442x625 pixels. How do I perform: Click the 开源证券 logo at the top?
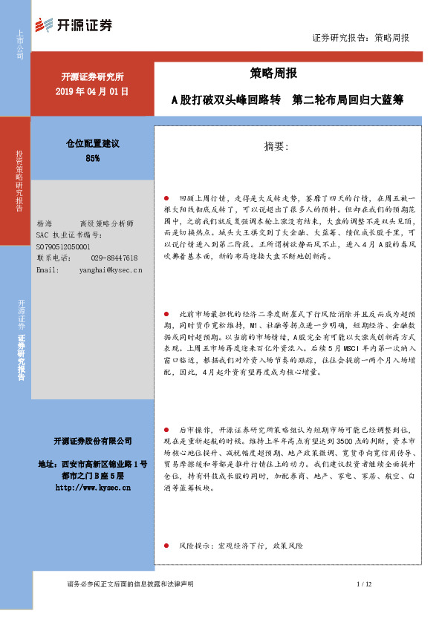pos(74,24)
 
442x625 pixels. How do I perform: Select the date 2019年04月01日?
pos(93,91)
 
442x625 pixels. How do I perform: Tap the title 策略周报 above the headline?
pos(273,73)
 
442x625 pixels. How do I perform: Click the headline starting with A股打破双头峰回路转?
pos(287,99)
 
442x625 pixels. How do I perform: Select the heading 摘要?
pos(276,147)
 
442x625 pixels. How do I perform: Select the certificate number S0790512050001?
pos(62,246)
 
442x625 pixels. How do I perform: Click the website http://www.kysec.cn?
pos(93,488)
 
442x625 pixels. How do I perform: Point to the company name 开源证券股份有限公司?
pos(93,441)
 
